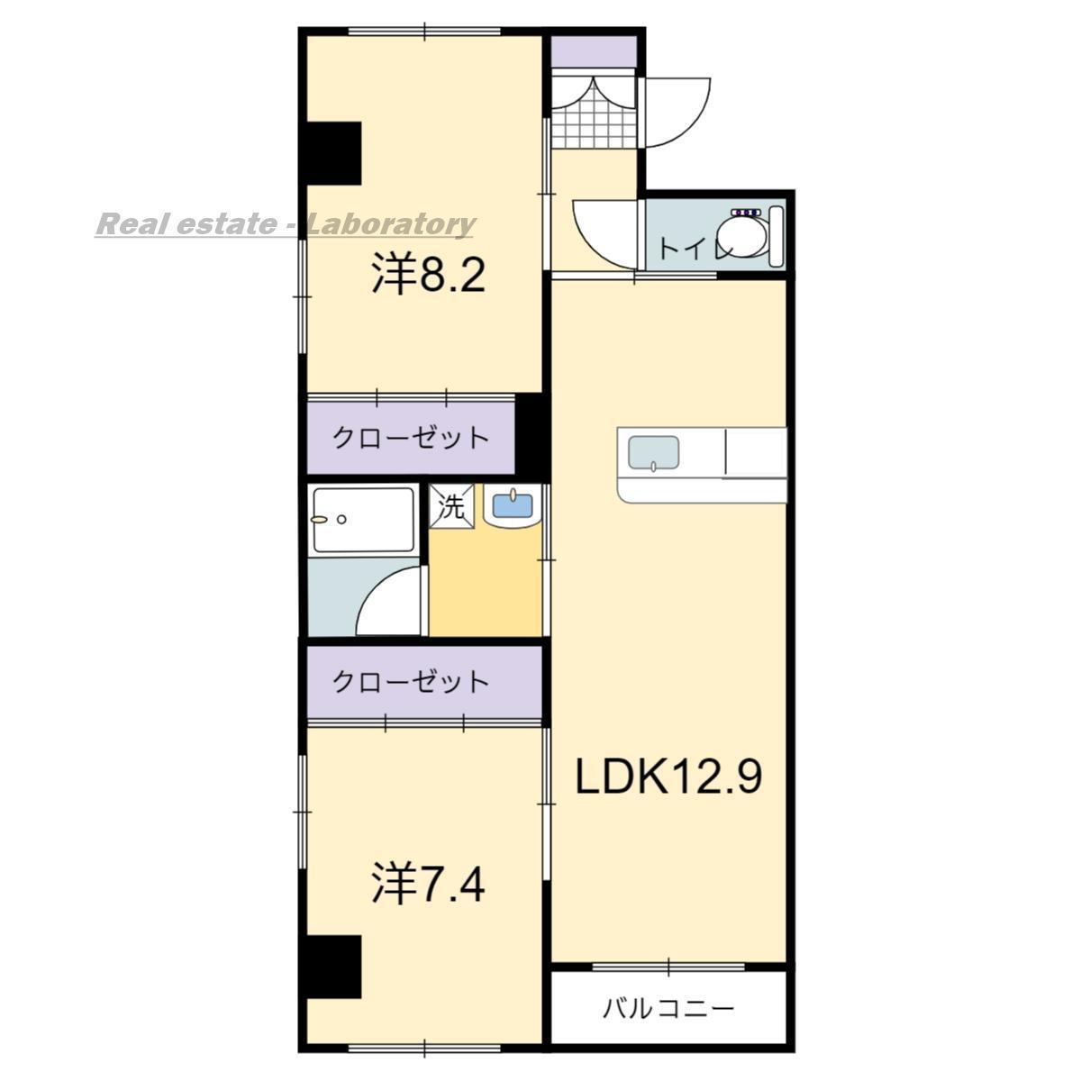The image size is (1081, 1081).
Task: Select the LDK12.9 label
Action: [x=669, y=776]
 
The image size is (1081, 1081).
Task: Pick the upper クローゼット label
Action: [x=411, y=439]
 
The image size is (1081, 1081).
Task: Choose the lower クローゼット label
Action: [x=411, y=681]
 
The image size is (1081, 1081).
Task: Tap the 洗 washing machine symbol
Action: [x=450, y=507]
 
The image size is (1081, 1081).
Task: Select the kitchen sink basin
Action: [x=653, y=453]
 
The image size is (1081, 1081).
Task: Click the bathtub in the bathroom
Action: [x=362, y=520]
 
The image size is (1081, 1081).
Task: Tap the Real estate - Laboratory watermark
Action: [x=285, y=223]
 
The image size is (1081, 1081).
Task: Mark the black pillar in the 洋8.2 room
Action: [x=334, y=150]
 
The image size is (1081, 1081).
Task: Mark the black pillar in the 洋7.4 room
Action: [x=334, y=966]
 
